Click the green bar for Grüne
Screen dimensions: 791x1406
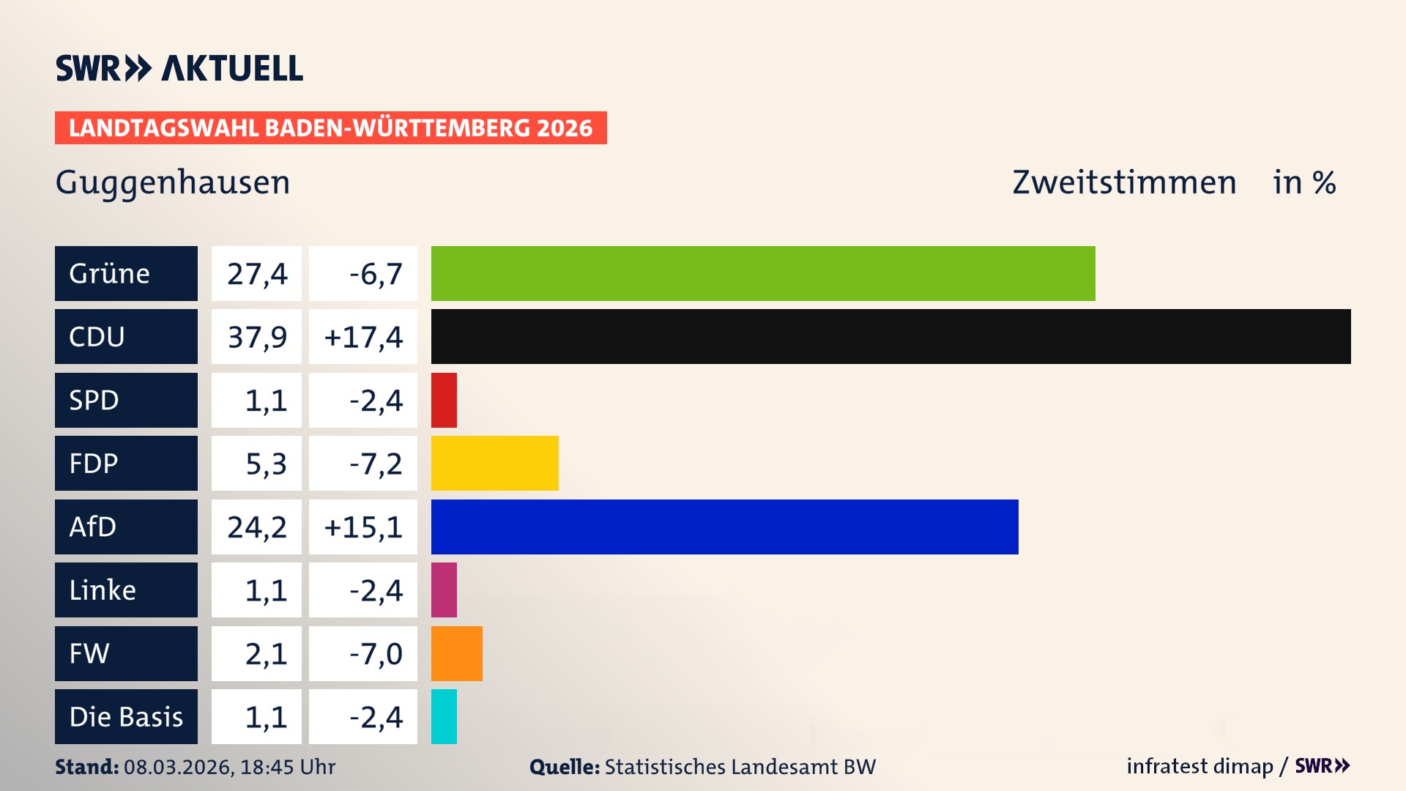(x=763, y=273)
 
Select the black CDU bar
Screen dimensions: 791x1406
(x=890, y=336)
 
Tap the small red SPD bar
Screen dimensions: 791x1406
(x=444, y=400)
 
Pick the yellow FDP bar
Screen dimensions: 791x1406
(x=494, y=463)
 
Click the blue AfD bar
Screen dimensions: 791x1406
(x=724, y=527)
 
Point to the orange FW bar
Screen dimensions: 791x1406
(x=456, y=653)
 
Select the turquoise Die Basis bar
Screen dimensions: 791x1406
(x=444, y=716)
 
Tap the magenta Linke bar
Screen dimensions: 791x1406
(x=444, y=590)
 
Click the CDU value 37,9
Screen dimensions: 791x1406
(x=257, y=337)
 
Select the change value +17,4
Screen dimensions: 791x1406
(x=363, y=337)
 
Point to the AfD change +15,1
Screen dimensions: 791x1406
(x=363, y=527)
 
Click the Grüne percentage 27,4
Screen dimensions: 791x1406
(x=257, y=274)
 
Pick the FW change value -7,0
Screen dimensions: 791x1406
(x=376, y=653)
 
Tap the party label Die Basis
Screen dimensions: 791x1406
(x=126, y=716)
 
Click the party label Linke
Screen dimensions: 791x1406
(x=103, y=590)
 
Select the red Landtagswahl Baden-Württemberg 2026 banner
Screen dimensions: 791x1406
(x=330, y=127)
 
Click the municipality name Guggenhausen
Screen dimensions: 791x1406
(x=173, y=182)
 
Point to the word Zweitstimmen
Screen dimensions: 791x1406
(x=1124, y=182)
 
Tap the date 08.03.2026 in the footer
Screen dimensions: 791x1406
(x=179, y=767)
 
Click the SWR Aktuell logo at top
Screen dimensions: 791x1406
(x=179, y=68)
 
